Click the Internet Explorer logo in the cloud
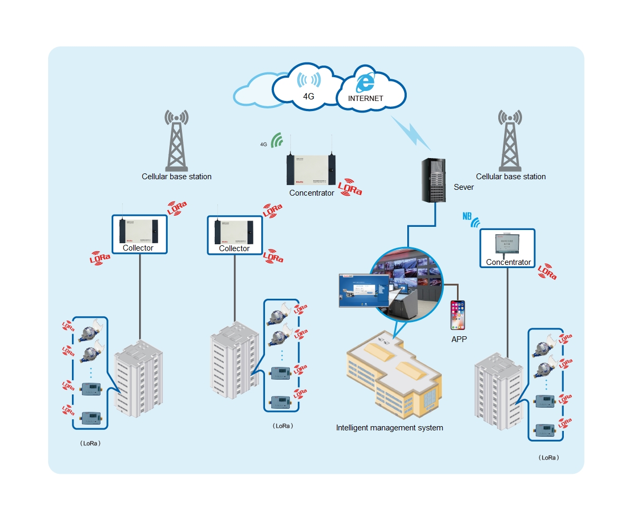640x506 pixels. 365,82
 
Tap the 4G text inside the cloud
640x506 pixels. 309,97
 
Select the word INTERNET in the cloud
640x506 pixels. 365,99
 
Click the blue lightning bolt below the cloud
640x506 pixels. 412,132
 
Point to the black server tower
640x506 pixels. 435,180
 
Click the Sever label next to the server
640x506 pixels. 464,187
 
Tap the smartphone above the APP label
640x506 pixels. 458,315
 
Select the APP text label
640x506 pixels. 459,339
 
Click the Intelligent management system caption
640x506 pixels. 389,427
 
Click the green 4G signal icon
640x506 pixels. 277,140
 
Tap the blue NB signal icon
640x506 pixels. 471,219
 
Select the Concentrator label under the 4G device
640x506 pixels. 312,193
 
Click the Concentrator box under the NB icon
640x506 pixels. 507,248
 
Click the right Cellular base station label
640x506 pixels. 510,177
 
